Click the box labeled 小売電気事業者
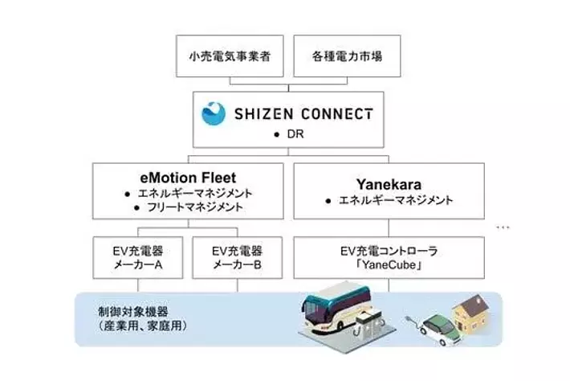[230, 56]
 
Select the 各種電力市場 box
[347, 56]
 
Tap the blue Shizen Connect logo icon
[214, 113]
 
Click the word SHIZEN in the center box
[263, 114]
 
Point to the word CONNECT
[337, 114]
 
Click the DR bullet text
[295, 134]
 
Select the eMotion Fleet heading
[188, 178]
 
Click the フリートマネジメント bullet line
[195, 207]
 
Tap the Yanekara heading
[389, 184]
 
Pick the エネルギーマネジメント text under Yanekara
[396, 200]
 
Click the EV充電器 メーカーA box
[138, 258]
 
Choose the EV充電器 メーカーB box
[238, 258]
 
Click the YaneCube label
[389, 265]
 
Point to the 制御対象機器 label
[133, 312]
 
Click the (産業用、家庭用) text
[143, 326]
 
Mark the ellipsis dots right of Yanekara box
[503, 227]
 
